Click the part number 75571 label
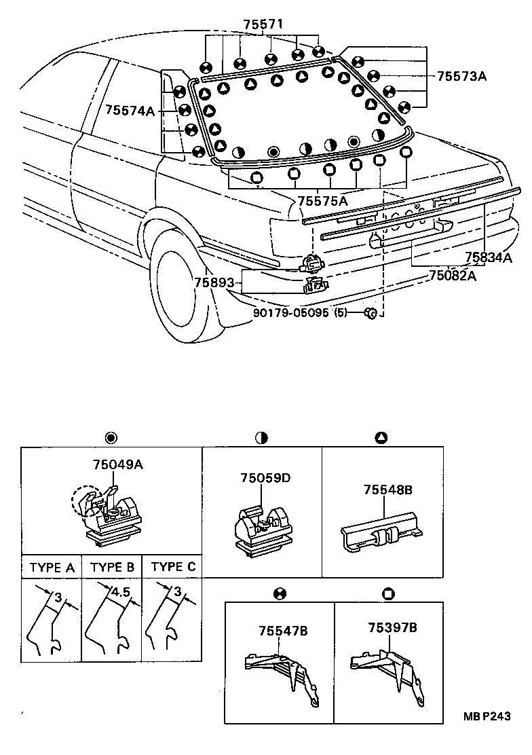(263, 24)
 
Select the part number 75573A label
(461, 76)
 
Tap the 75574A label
(130, 110)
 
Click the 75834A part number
(488, 257)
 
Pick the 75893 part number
(214, 282)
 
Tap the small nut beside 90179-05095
(370, 312)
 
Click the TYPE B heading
(112, 567)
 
